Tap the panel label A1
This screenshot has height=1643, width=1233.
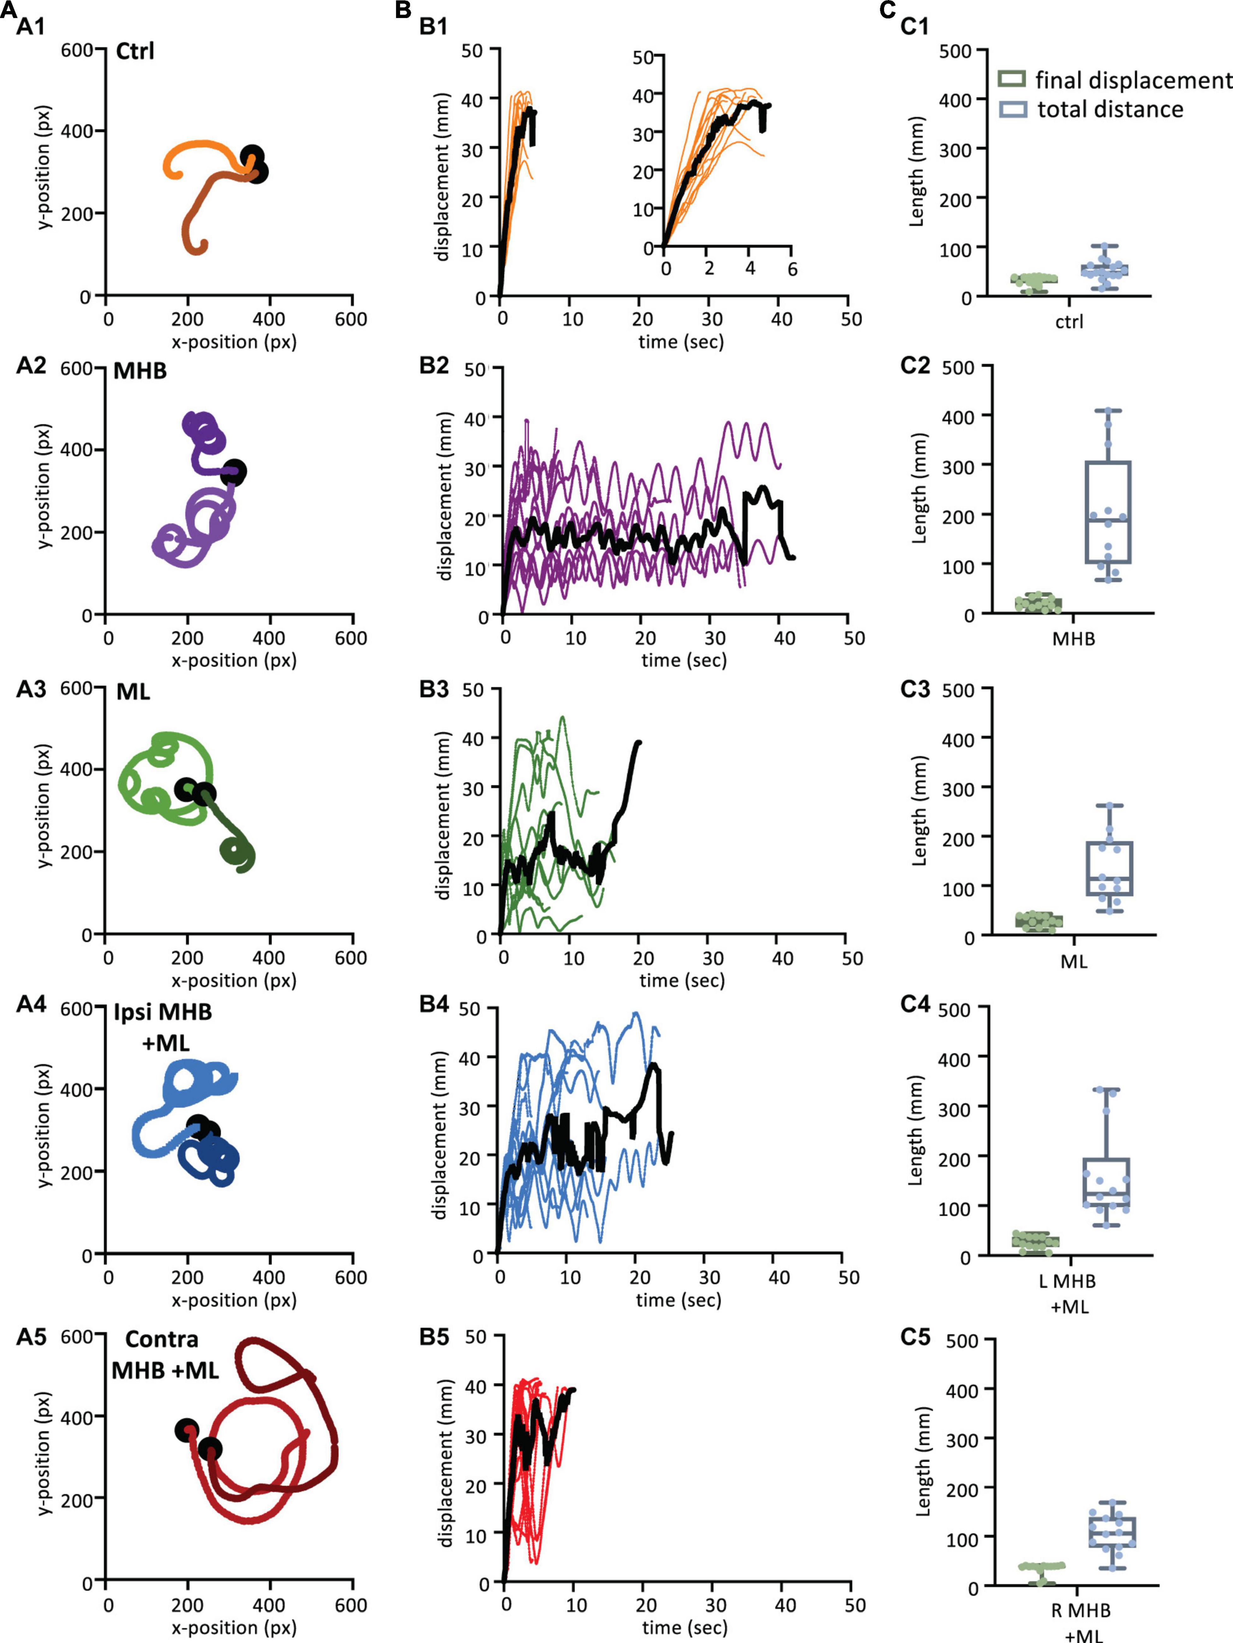point(31,27)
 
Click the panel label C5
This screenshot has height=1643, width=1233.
point(915,1337)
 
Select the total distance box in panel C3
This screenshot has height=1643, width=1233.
point(1109,868)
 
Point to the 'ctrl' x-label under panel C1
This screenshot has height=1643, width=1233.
point(1069,322)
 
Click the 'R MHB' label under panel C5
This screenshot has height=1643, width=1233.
point(1081,1610)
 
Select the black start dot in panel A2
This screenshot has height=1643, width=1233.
point(234,471)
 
